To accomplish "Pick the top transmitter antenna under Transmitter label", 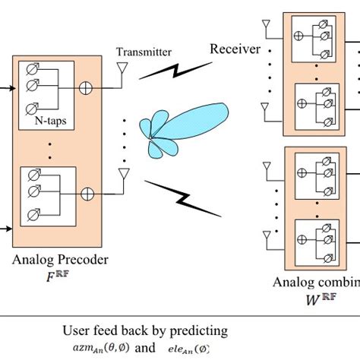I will [x=122, y=71].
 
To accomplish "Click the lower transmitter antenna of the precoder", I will [x=122, y=178].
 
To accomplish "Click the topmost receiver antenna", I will [x=266, y=27].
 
